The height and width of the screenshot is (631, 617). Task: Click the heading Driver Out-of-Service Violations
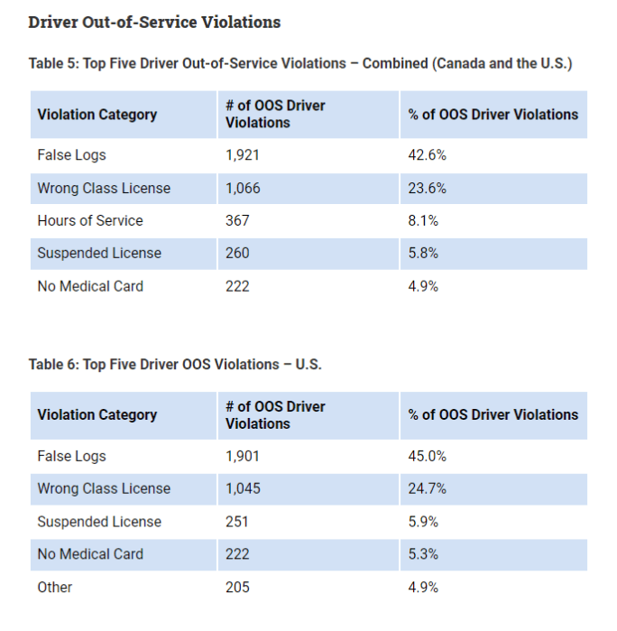point(154,22)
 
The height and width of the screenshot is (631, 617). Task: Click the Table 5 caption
point(300,64)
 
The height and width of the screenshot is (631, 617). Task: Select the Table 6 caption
point(175,365)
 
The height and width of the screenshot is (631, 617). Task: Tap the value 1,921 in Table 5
point(242,155)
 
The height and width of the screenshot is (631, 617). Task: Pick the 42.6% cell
point(428,155)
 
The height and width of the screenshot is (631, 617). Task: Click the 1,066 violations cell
point(243,189)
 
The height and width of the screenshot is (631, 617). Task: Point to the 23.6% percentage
point(428,189)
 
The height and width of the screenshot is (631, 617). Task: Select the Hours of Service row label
point(90,221)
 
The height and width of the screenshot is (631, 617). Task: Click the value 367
point(237,221)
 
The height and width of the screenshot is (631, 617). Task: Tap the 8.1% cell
point(424,221)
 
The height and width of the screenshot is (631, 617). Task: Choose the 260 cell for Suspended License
point(237,254)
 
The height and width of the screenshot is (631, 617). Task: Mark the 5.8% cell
point(424,254)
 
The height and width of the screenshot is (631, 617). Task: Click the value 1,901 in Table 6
point(242,457)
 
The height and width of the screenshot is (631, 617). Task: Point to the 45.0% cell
point(428,457)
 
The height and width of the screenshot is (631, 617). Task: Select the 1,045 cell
point(243,489)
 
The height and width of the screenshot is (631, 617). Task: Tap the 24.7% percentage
point(428,489)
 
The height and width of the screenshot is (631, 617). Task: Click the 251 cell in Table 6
point(236,522)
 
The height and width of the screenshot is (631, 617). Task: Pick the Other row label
point(55,588)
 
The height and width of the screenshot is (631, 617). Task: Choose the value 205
point(237,588)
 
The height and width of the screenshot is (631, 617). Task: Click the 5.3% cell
point(424,554)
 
